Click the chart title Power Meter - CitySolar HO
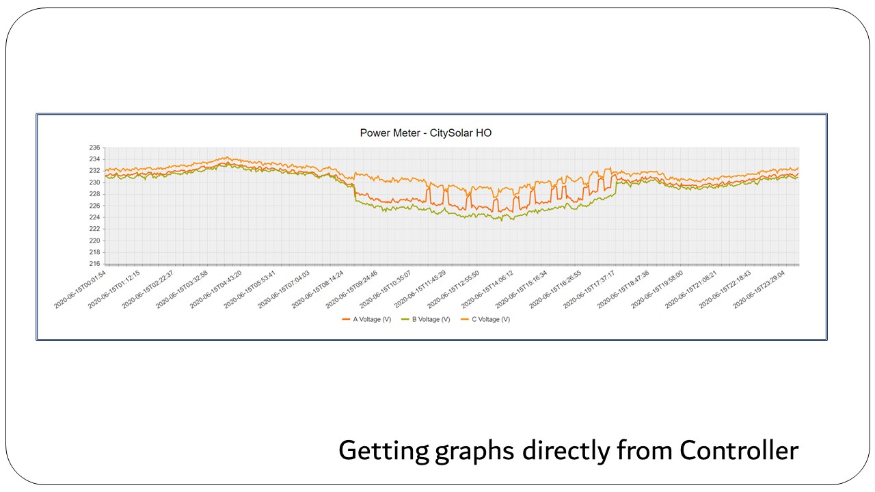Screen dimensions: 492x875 click(x=425, y=133)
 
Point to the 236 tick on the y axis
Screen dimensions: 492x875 click(x=94, y=148)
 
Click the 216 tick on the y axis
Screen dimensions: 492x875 click(x=94, y=264)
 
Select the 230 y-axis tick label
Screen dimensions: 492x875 click(x=94, y=182)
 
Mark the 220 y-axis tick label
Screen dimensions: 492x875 click(x=94, y=241)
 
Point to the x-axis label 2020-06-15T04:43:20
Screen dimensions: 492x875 click(x=217, y=289)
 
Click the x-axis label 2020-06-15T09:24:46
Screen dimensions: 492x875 click(x=353, y=289)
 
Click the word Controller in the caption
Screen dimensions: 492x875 click(x=739, y=451)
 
